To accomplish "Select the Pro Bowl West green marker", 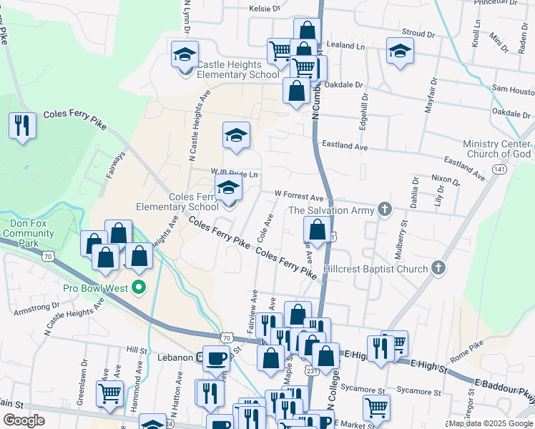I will [x=140, y=288].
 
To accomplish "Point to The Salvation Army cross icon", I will [x=385, y=209].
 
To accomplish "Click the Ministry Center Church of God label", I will [x=496, y=149].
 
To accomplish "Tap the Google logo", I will [x=24, y=420].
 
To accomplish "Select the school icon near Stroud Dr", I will [x=400, y=51].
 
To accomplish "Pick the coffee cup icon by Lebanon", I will [x=216, y=357].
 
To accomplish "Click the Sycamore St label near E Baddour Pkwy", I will [x=418, y=392].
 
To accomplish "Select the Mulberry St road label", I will [x=402, y=244].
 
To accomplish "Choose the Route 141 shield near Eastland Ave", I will [x=499, y=169].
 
